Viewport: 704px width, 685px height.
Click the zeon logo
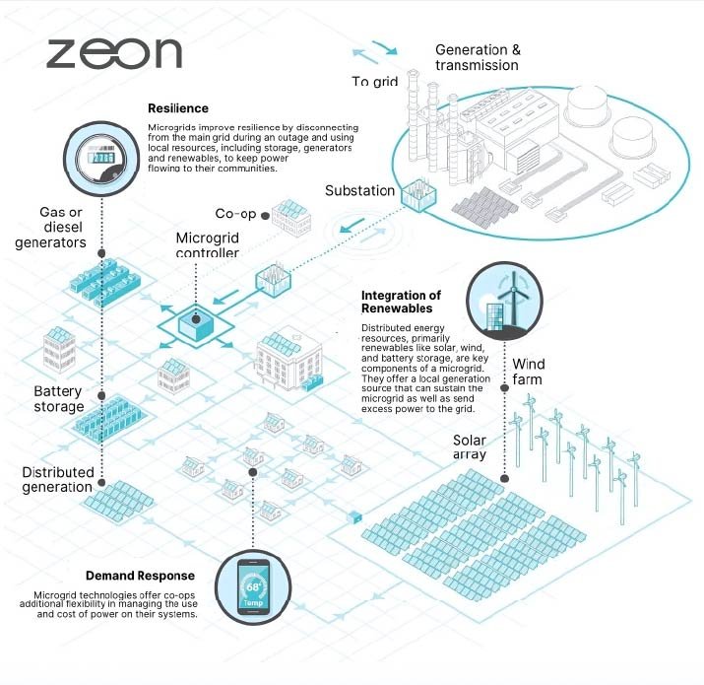click(x=114, y=52)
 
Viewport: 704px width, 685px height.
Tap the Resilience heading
click(x=178, y=108)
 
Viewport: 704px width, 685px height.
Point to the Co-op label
click(x=237, y=214)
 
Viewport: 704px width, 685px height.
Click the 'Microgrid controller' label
click(x=207, y=245)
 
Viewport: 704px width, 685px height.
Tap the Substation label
click(x=360, y=191)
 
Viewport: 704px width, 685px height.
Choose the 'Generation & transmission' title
click(x=479, y=57)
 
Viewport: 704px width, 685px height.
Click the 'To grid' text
click(x=374, y=81)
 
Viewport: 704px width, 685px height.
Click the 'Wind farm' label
click(x=527, y=372)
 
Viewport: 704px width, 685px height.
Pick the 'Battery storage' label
click(x=58, y=398)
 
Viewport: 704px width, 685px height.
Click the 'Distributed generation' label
click(x=57, y=479)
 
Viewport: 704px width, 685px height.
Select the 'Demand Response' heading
click(x=140, y=576)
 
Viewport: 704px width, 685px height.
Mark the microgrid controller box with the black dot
click(x=196, y=323)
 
